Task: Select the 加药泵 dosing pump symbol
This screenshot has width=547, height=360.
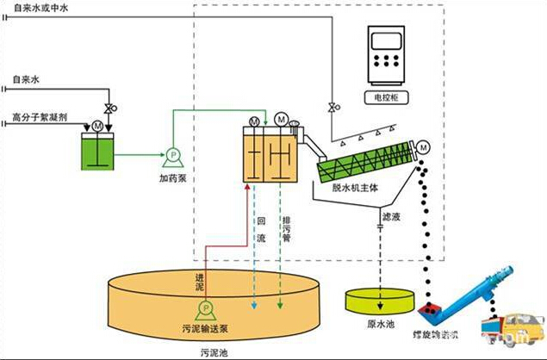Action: point(171,157)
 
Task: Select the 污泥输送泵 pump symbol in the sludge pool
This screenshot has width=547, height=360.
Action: point(205,308)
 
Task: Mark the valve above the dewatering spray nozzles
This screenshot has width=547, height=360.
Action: point(333,108)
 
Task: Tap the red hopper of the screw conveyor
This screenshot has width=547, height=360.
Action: point(428,307)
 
